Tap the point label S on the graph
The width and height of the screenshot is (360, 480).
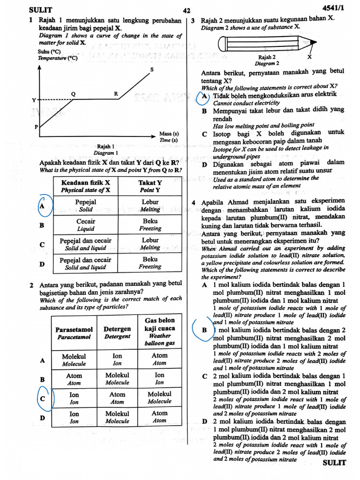click(151, 70)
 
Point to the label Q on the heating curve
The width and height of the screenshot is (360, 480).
click(73, 94)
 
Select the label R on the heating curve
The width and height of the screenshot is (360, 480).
click(116, 94)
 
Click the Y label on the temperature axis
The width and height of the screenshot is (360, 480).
click(34, 100)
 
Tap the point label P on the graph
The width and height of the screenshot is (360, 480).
click(36, 127)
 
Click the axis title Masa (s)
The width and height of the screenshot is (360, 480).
click(169, 133)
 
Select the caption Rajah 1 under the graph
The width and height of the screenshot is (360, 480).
click(106, 146)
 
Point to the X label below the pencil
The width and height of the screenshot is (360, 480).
click(309, 57)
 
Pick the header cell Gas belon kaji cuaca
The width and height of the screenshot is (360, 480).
click(159, 332)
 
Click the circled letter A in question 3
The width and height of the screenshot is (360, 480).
click(204, 97)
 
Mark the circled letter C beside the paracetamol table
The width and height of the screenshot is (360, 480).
click(43, 398)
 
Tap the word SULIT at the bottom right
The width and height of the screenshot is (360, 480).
click(334, 463)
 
